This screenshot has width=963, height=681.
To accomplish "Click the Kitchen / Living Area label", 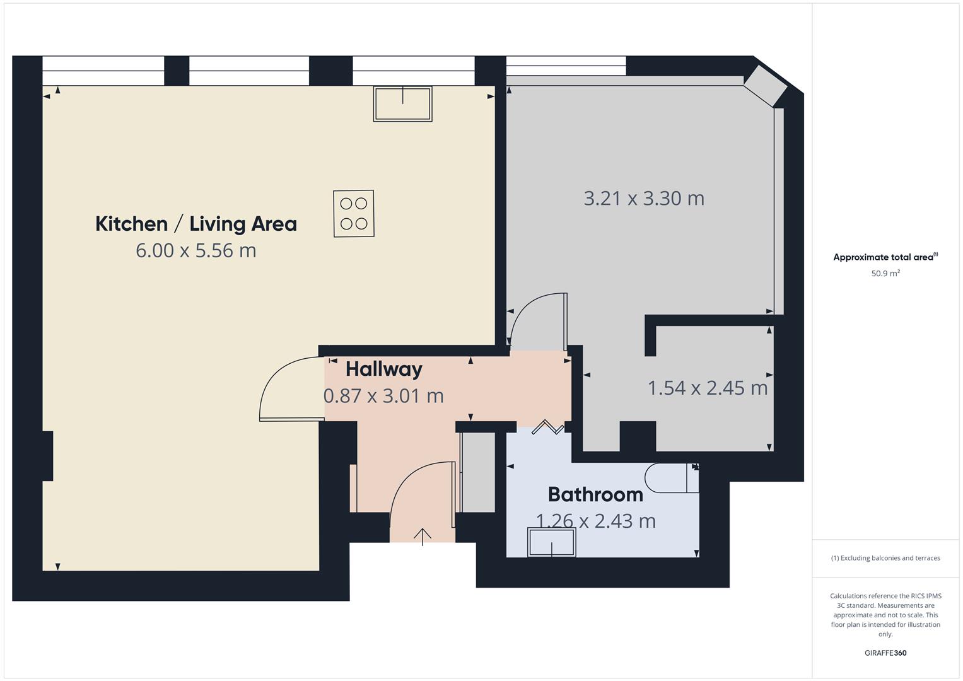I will pyautogui.click(x=196, y=224).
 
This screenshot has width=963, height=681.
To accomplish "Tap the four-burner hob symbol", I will pyautogui.click(x=353, y=213).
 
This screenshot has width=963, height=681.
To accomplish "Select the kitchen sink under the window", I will pyautogui.click(x=402, y=103).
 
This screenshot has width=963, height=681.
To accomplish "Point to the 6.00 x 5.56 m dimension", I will pyautogui.click(x=196, y=251).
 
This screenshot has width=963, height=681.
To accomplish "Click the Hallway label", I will pyautogui.click(x=383, y=369).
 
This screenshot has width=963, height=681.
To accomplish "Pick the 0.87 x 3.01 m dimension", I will pyautogui.click(x=383, y=396).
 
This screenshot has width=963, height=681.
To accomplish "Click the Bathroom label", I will pyautogui.click(x=595, y=494).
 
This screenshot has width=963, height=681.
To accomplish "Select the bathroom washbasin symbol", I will pyautogui.click(x=552, y=542).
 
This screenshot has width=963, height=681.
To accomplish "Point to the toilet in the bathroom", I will pyautogui.click(x=672, y=479).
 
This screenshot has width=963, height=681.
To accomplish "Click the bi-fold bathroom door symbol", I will pyautogui.click(x=547, y=428).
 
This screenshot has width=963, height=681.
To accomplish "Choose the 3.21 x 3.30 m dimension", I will pyautogui.click(x=644, y=199).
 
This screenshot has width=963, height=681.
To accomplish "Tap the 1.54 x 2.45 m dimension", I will pyautogui.click(x=708, y=388).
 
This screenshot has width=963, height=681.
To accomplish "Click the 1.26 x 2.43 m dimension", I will pyautogui.click(x=595, y=521).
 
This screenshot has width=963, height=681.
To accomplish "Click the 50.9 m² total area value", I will pyautogui.click(x=885, y=274).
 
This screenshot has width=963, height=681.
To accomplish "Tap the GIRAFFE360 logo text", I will pyautogui.click(x=885, y=653).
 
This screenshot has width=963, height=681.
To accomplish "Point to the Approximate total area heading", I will pyautogui.click(x=885, y=257).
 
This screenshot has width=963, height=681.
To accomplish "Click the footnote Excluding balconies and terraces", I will pyautogui.click(x=885, y=558).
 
